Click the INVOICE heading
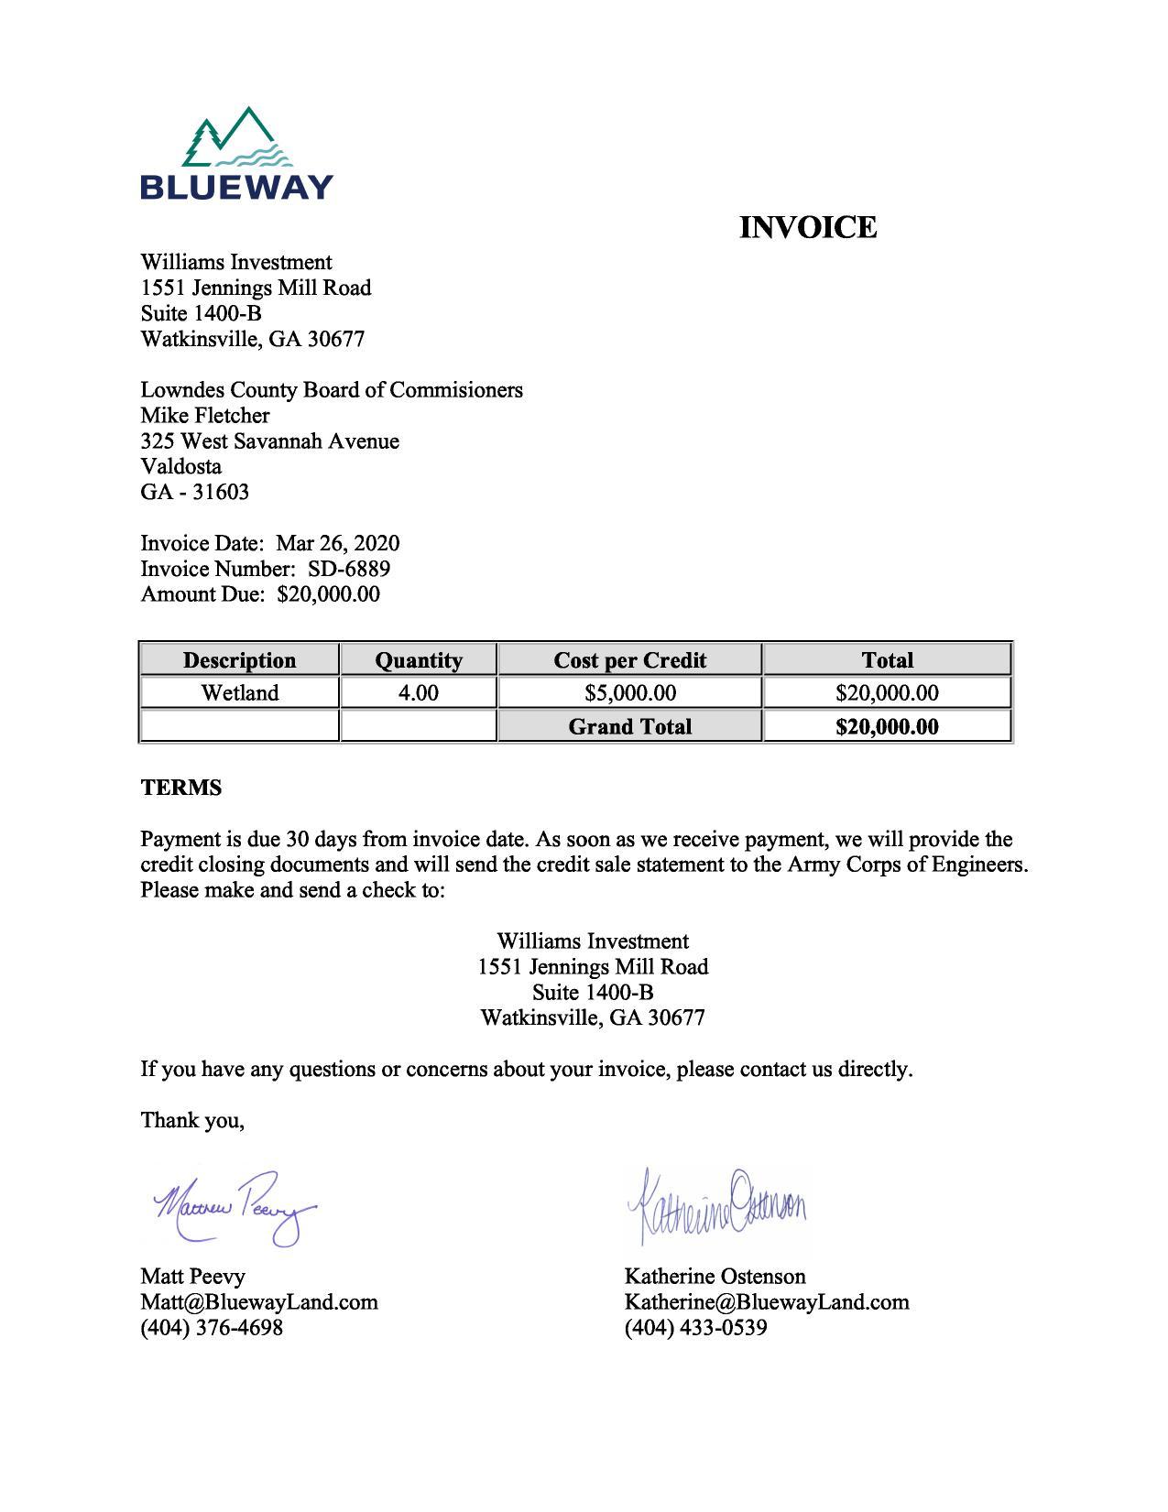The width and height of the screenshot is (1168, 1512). pyautogui.click(x=807, y=227)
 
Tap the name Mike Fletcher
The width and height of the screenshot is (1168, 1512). pyautogui.click(x=205, y=416)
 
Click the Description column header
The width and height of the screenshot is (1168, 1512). pyautogui.click(x=239, y=660)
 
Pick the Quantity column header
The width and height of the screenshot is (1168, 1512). pyautogui.click(x=419, y=660)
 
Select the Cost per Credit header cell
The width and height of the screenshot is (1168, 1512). pyautogui.click(x=629, y=660)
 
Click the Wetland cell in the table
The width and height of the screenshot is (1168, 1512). pyautogui.click(x=239, y=693)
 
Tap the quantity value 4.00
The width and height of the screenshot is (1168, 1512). pyautogui.click(x=419, y=693)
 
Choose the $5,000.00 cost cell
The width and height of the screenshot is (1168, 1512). pyautogui.click(x=629, y=693)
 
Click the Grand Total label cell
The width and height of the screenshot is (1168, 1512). pyautogui.click(x=629, y=727)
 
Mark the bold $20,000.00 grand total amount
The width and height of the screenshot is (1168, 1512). pyautogui.click(x=887, y=727)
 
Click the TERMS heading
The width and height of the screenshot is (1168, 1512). pyautogui.click(x=181, y=788)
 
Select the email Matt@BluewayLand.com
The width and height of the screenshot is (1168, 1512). pyautogui.click(x=259, y=1302)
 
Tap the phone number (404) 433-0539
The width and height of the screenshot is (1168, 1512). pyautogui.click(x=695, y=1328)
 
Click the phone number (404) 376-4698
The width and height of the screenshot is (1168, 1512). pyautogui.click(x=212, y=1328)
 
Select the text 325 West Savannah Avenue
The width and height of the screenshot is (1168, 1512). pyautogui.click(x=269, y=441)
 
